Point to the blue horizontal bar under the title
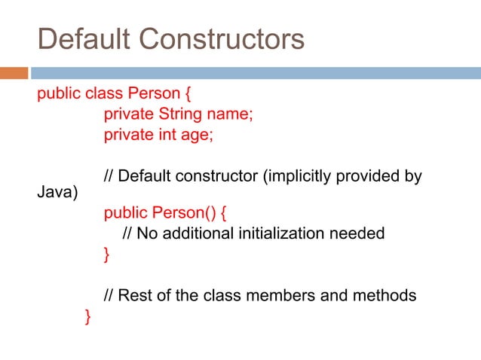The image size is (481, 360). tap(256, 74)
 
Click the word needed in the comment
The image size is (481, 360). tap(357, 233)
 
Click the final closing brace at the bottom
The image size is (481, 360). tap(89, 316)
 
